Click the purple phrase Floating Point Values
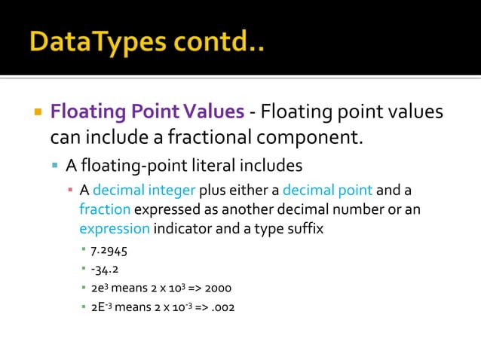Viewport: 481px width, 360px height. tap(147, 112)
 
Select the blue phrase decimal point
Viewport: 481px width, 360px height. tap(328, 190)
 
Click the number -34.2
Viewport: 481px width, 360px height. tap(104, 269)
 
